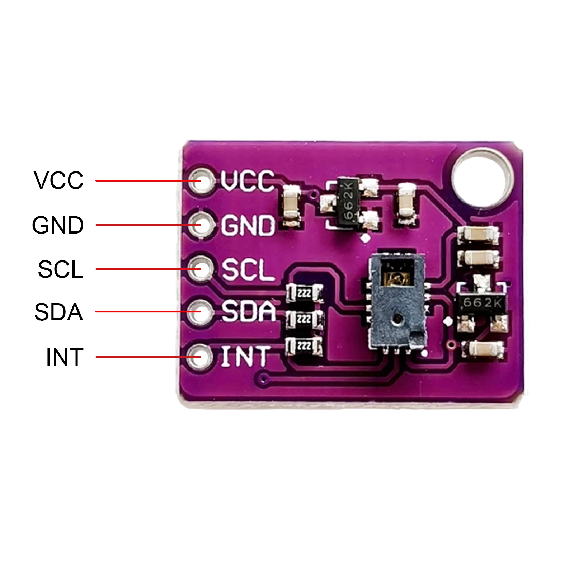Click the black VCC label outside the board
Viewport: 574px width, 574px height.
[59, 180]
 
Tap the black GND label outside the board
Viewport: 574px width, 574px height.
[58, 225]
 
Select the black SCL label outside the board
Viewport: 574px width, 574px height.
[61, 269]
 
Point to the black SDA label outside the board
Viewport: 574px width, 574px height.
[59, 312]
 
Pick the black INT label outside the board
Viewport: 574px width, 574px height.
[65, 357]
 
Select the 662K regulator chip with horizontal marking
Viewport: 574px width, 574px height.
[481, 303]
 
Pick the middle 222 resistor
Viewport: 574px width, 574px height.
[304, 319]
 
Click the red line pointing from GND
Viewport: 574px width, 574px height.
[143, 225]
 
